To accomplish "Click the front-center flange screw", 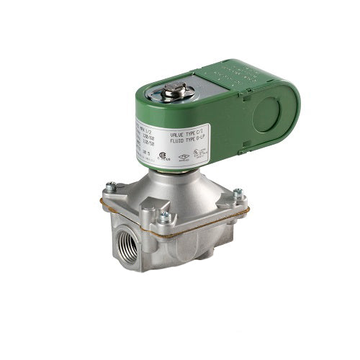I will pos(165,216).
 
